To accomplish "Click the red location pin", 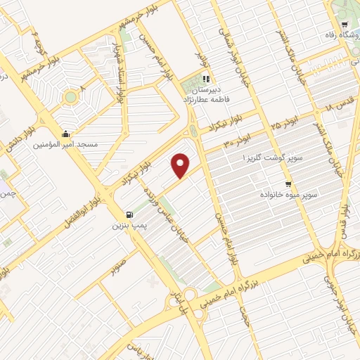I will (181, 165).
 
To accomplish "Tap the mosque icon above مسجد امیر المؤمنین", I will (65, 134).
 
